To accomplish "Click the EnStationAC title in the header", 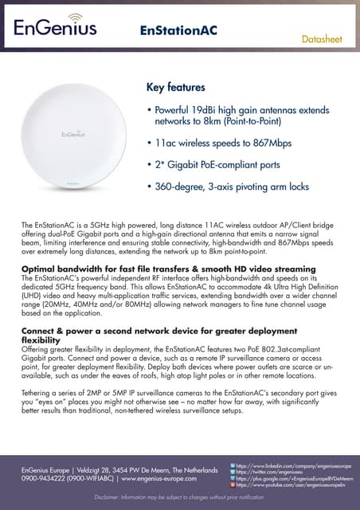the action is (179, 30).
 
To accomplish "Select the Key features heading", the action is (176, 87).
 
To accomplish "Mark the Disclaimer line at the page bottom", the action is (179, 497).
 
